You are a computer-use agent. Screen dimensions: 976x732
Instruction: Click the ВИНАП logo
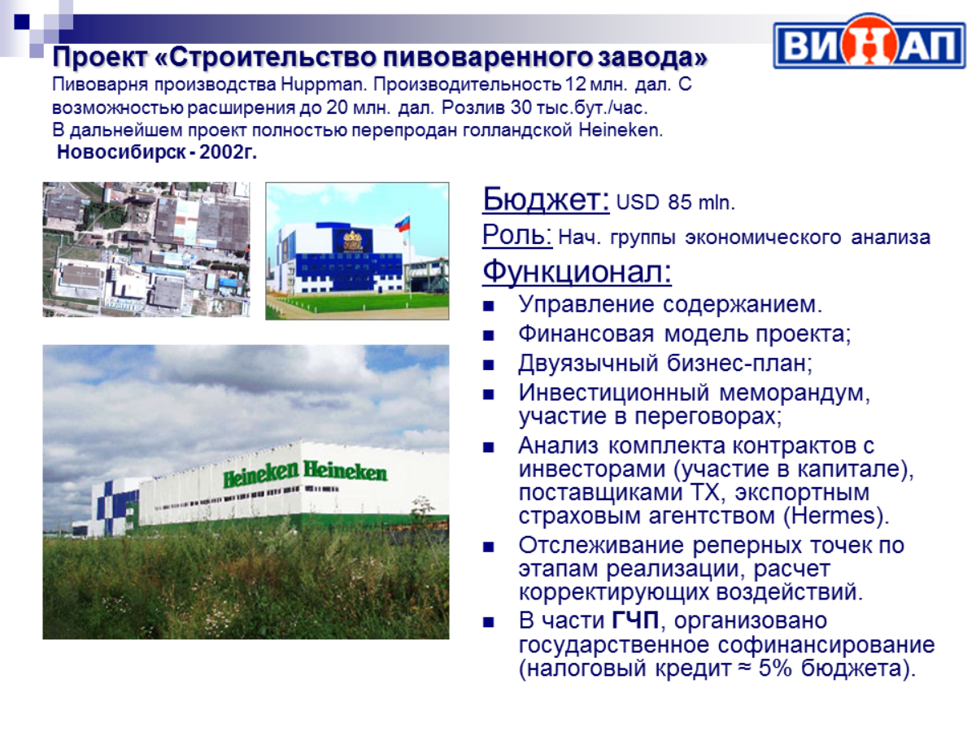coord(869,41)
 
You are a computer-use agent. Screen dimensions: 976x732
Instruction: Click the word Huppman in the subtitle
coord(322,85)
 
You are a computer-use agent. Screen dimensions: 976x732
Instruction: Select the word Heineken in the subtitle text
coord(620,130)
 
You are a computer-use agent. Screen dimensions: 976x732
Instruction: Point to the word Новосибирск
coord(121,152)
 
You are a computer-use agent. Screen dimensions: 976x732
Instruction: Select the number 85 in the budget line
coord(679,203)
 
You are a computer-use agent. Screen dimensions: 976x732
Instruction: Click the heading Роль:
coord(517,234)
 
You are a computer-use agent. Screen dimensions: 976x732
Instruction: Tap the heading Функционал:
coord(577,271)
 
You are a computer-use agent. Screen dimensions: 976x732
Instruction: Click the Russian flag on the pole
coord(402,222)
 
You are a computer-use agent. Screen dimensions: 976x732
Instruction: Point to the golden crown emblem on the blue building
coord(353,241)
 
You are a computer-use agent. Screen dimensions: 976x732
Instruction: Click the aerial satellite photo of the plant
coord(146,250)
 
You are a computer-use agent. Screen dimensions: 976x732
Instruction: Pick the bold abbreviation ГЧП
coord(635,621)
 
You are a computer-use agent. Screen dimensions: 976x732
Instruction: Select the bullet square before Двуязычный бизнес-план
coord(488,365)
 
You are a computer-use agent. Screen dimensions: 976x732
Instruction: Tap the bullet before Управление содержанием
coord(488,306)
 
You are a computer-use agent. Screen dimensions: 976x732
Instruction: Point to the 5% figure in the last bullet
coord(775,668)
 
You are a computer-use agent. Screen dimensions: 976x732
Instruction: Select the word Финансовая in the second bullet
coord(586,333)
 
